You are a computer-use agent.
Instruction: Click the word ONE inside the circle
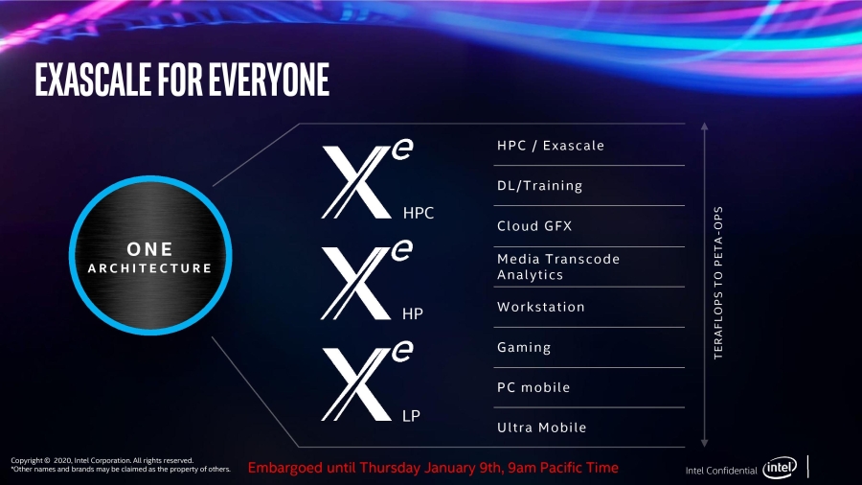coord(149,249)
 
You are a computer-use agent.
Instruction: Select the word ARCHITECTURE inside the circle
coord(149,268)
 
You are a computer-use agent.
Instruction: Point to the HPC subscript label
coord(419,213)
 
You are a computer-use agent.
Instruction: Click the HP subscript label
coord(413,314)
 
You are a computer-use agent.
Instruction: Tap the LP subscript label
coord(412,416)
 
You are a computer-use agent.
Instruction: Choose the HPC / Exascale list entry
coord(551,146)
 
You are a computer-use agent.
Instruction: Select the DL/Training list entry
coord(539,186)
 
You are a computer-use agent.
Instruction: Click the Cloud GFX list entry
coord(534,226)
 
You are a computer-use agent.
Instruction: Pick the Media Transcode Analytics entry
coord(558,266)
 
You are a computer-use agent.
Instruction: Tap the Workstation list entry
coord(540,307)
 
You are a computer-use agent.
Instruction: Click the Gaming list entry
coord(524,347)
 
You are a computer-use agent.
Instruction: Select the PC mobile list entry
coord(533,387)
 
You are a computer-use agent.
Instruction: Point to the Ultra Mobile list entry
coord(541,427)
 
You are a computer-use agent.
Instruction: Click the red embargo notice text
coord(433,468)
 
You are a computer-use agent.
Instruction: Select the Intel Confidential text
coord(720,471)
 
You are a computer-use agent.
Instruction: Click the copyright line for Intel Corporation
coord(102,460)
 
